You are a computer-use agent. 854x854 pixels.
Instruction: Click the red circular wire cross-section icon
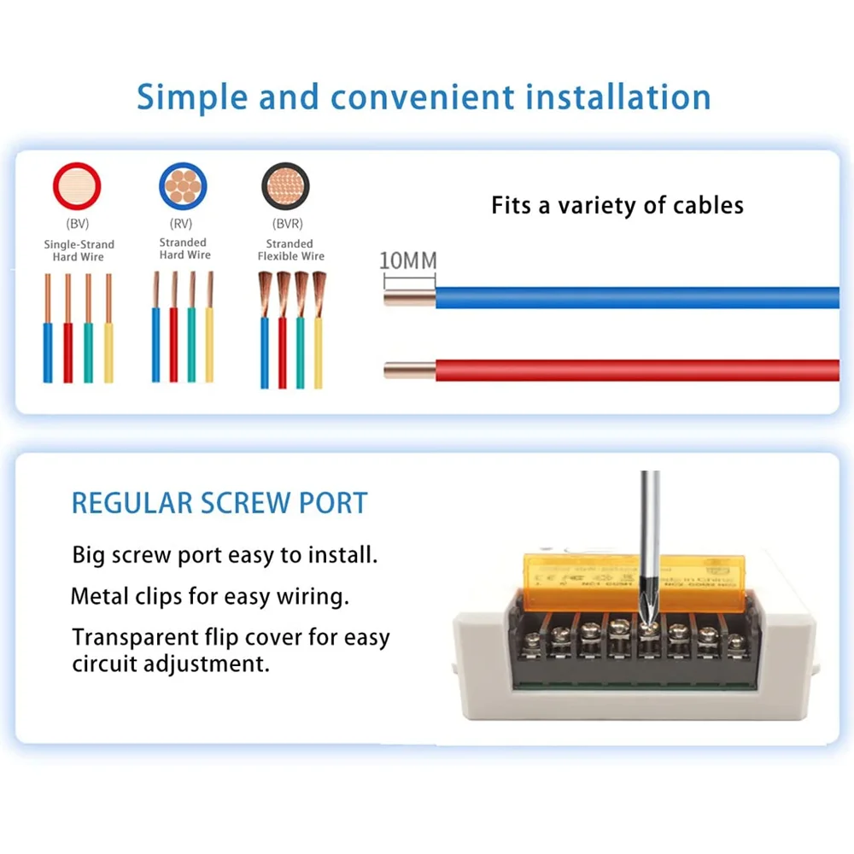[x=78, y=186]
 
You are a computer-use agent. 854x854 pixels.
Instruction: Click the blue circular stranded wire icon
[x=183, y=186]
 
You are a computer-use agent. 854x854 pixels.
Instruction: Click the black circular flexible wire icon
[x=285, y=186]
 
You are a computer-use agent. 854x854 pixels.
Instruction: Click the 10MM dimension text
[x=407, y=260]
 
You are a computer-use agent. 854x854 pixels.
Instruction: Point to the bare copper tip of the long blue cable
[x=409, y=297]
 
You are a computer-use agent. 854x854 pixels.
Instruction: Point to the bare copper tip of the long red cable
[x=409, y=370]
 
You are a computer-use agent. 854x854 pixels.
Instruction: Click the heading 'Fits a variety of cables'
[x=617, y=206]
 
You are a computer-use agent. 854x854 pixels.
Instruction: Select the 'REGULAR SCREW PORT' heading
[x=219, y=503]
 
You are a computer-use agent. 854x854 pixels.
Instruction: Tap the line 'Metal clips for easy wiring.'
[x=210, y=596]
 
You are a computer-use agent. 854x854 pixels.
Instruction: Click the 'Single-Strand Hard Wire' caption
[x=79, y=250]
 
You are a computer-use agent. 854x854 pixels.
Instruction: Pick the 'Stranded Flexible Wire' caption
[x=290, y=250]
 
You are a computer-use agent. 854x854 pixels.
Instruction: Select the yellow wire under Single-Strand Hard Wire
[x=108, y=350]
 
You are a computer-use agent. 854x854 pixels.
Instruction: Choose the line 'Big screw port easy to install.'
[x=224, y=555]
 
